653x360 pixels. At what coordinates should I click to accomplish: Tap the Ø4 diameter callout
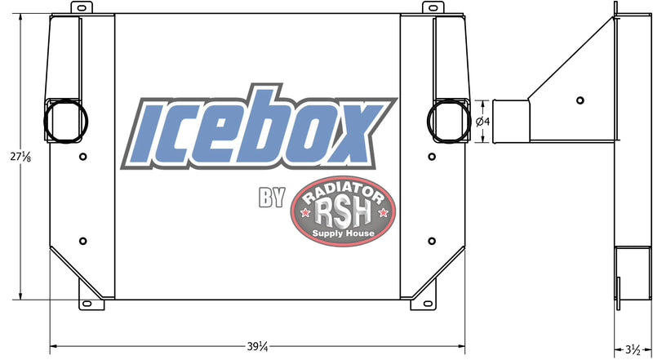(482, 122)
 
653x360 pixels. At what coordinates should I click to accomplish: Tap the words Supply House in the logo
(344, 234)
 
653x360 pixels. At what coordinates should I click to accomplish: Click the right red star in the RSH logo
(382, 214)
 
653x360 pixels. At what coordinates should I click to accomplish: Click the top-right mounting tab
(429, 7)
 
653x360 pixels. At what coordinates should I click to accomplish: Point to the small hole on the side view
(580, 100)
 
